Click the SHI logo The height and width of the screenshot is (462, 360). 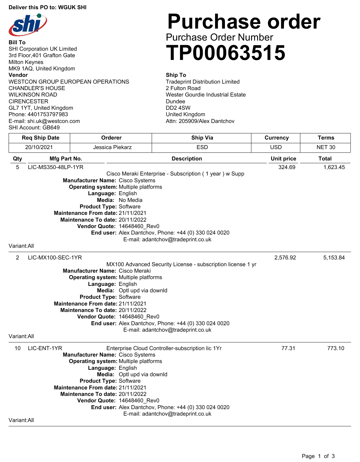28,25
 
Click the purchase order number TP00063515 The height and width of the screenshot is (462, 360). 226,53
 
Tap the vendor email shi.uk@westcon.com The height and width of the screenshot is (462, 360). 54,121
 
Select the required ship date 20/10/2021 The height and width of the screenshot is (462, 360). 39,147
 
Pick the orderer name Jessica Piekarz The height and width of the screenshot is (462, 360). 112,147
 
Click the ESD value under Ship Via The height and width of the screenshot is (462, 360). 202,147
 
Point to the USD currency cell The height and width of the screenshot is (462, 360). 276,147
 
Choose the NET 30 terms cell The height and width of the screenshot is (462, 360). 326,147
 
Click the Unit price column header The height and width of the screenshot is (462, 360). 283,159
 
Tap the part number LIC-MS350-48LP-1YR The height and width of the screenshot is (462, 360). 56,167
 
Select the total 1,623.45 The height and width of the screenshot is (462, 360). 334,167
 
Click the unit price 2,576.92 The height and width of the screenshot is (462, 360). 285,258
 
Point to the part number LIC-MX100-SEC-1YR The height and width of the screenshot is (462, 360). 55,258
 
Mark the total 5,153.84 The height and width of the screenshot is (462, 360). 334,258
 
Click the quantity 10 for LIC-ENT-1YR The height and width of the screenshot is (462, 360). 18,348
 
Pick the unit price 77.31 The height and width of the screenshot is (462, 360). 288,348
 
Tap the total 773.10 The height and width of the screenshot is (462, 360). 336,348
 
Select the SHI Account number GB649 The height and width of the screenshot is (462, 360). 51,128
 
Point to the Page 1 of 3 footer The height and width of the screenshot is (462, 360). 318,456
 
